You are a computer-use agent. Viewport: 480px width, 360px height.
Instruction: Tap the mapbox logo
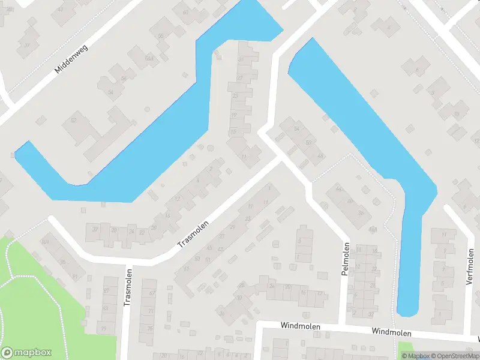coord(26,353)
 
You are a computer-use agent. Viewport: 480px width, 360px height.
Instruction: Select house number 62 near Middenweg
coord(74,120)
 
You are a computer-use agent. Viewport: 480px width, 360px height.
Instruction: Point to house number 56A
coord(148,58)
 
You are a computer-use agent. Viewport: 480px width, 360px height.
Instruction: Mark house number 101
coord(45,242)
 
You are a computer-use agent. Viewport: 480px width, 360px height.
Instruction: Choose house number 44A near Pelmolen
coord(373,229)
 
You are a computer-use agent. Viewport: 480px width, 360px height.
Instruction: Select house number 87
coord(107,290)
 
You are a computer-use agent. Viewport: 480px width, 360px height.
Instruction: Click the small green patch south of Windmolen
coord(407,348)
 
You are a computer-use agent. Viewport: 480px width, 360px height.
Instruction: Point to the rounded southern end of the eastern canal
coord(407,311)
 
